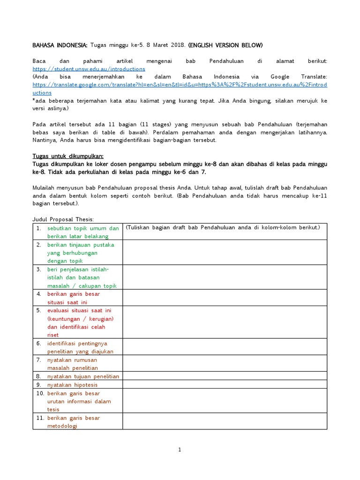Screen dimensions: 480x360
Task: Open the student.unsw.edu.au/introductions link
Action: click(x=89, y=68)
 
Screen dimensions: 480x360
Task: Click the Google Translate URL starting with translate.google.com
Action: click(x=180, y=84)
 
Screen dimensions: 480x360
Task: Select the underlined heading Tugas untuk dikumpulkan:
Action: click(x=68, y=156)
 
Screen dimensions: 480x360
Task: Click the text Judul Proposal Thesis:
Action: click(x=63, y=219)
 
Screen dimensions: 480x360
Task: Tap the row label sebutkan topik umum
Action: click(x=83, y=228)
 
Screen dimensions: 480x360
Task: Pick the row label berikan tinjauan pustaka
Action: click(x=81, y=245)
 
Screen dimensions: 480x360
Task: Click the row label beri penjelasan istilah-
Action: click(x=78, y=269)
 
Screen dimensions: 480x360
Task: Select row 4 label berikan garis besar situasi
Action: click(x=74, y=294)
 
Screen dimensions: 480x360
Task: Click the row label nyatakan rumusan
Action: click(x=72, y=360)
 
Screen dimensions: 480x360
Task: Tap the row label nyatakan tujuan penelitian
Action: click(x=83, y=376)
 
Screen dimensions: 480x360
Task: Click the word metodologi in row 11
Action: click(x=62, y=426)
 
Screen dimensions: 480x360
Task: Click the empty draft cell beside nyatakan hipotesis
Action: click(x=225, y=384)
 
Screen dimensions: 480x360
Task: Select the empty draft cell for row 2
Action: click(x=225, y=253)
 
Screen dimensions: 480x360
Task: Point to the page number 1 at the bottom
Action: click(x=180, y=450)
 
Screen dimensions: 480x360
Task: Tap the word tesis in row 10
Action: click(x=53, y=409)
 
